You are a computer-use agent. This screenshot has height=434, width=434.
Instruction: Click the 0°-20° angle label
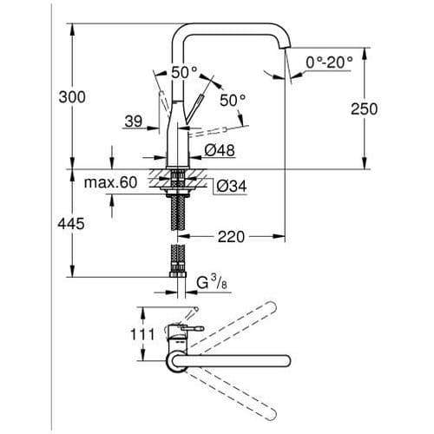tap(330, 63)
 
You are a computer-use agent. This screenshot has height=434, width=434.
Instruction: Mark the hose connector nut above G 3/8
tap(179, 278)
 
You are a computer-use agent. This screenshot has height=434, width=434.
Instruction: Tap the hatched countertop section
tap(156, 181)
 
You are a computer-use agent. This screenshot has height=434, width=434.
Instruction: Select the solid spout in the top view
tap(234, 365)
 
